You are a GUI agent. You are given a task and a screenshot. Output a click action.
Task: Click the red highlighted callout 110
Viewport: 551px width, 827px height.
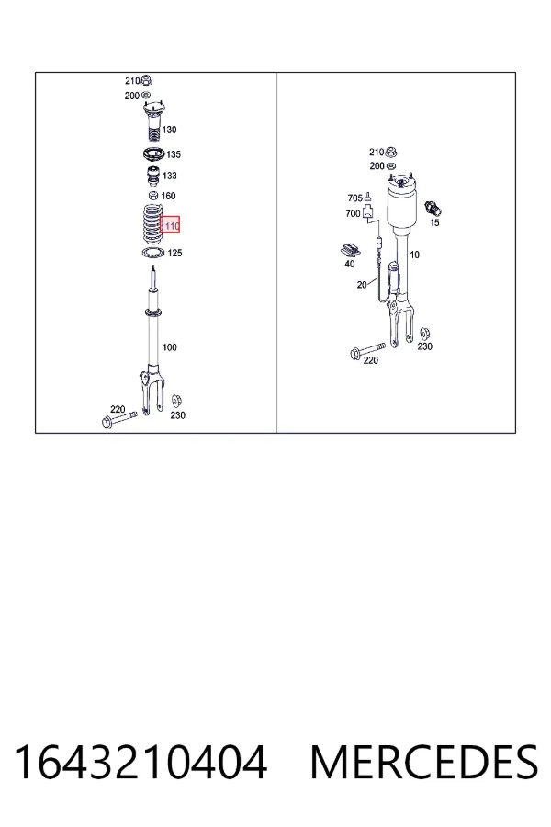170,226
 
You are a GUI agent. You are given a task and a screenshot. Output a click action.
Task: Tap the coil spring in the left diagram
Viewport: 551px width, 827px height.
152,223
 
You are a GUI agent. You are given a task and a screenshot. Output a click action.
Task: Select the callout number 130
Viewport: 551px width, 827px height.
169,130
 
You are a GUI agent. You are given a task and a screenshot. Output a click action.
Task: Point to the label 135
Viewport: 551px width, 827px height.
174,154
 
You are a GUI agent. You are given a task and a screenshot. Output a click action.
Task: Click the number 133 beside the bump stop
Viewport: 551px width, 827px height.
170,176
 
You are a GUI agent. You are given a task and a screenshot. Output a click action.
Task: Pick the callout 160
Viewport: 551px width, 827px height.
168,197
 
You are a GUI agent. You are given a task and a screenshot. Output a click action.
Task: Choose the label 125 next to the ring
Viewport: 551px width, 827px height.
174,254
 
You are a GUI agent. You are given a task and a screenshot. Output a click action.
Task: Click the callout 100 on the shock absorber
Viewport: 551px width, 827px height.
169,347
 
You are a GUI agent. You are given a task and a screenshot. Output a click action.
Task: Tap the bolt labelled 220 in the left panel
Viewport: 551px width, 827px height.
118,419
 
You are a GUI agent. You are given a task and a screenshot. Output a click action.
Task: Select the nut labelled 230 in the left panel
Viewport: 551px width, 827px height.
177,401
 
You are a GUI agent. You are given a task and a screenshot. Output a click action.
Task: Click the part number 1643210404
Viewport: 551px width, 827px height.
141,763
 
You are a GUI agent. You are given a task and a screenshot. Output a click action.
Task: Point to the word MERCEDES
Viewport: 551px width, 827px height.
424,763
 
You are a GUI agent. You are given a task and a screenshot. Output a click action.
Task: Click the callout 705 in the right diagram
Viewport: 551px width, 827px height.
354,198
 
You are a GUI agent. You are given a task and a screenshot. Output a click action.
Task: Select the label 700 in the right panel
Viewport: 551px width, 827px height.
353,213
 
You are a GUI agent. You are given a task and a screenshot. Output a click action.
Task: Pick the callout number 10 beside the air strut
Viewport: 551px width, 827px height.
414,255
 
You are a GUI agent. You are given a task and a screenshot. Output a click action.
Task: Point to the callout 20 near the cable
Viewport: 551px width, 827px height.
362,285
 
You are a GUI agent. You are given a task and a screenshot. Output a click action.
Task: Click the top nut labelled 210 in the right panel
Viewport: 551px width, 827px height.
390,153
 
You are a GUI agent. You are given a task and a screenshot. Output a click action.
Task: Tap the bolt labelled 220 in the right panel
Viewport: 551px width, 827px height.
367,350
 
